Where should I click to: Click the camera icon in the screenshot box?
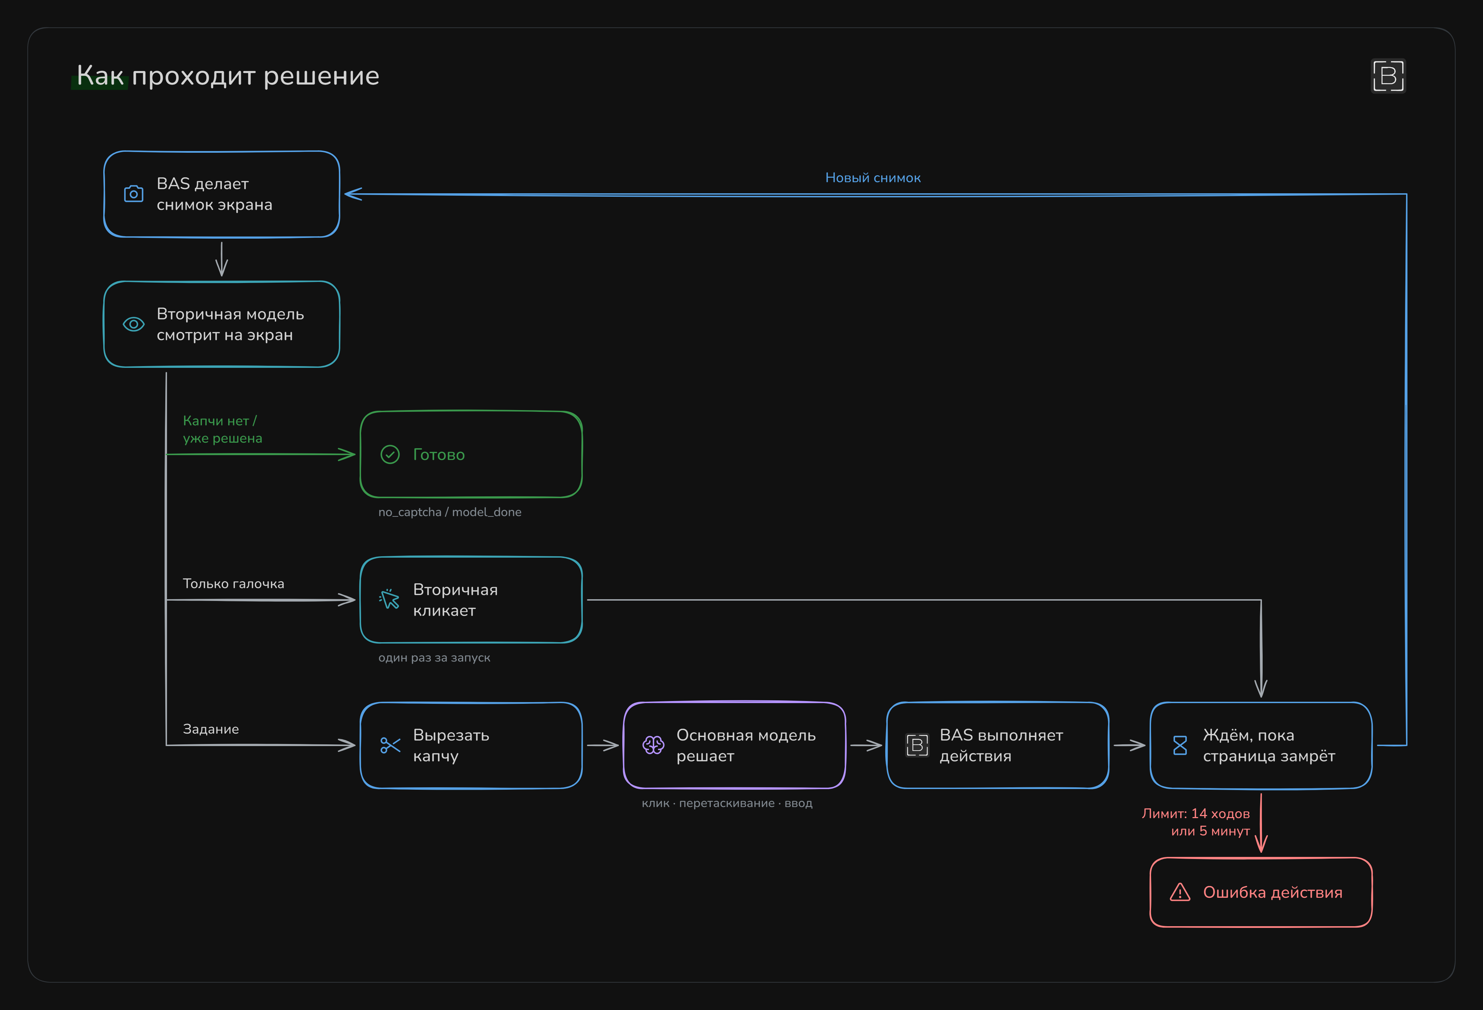(x=133, y=194)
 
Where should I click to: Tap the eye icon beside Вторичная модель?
(x=133, y=324)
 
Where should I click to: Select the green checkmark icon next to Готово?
(x=390, y=454)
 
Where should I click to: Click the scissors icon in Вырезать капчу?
(x=390, y=745)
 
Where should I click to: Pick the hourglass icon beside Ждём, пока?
(x=1180, y=745)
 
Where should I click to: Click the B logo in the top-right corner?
(x=1388, y=76)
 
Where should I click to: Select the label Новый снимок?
(x=873, y=178)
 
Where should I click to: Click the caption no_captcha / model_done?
(x=450, y=512)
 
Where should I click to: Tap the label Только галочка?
(x=234, y=584)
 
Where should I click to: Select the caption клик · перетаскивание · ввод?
(x=727, y=803)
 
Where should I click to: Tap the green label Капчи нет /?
(x=220, y=421)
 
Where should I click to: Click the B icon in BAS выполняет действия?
(x=917, y=745)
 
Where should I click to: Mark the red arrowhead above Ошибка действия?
(x=1261, y=843)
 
